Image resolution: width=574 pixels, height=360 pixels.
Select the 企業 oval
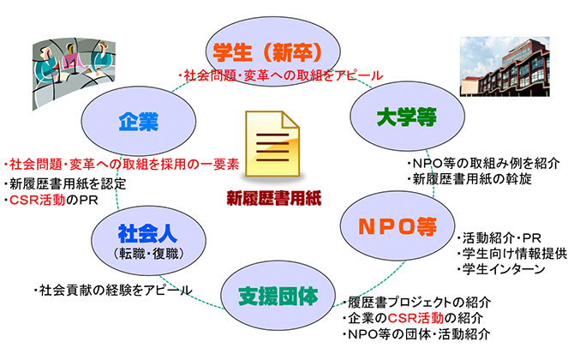pyautogui.click(x=139, y=121)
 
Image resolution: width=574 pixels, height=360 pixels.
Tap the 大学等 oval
pyautogui.click(x=407, y=117)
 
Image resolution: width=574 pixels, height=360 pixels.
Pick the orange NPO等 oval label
pyautogui.click(x=398, y=225)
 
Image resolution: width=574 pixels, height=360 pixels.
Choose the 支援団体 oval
pyautogui.click(x=278, y=296)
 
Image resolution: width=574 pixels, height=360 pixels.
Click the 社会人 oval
pyautogui.click(x=148, y=240)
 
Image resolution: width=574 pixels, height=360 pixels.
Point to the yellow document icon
pyautogui.click(x=272, y=144)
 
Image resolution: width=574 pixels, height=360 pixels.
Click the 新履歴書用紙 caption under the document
pyautogui.click(x=274, y=199)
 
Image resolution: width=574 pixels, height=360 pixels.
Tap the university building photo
pyautogui.click(x=505, y=67)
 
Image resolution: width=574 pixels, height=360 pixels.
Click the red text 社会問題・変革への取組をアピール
pyautogui.click(x=280, y=75)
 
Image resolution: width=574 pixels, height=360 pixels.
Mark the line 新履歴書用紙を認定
pyautogui.click(x=65, y=183)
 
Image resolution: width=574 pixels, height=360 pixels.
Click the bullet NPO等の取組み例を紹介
pyautogui.click(x=483, y=163)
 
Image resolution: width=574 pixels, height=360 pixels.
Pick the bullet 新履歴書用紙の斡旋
pyautogui.click(x=469, y=179)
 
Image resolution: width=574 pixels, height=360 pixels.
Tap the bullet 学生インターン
pyautogui.click(x=501, y=269)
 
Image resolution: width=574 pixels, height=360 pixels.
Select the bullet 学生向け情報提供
pyautogui.click(x=511, y=254)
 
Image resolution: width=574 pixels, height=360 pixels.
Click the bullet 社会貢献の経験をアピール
pyautogui.click(x=113, y=290)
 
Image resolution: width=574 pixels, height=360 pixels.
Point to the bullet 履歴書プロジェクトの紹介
pyautogui.click(x=416, y=302)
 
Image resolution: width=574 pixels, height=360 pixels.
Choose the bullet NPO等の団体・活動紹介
pyautogui.click(x=416, y=334)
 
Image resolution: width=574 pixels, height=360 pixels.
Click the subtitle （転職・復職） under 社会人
pyautogui.click(x=148, y=254)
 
